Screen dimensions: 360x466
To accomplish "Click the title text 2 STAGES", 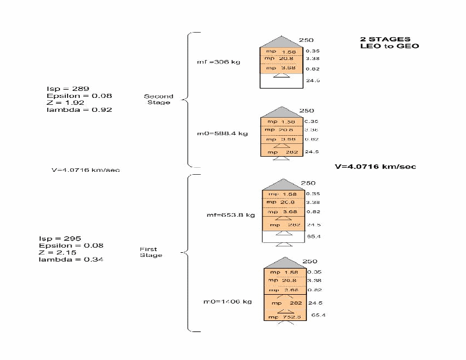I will tap(385, 40).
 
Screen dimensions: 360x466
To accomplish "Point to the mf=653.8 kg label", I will tap(231, 215).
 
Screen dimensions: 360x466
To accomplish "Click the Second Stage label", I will tap(158, 99).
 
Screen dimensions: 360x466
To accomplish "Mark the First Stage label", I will tap(151, 252).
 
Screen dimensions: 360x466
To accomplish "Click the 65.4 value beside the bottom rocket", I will tap(318, 315).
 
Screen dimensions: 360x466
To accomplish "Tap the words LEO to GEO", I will tap(393, 46).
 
